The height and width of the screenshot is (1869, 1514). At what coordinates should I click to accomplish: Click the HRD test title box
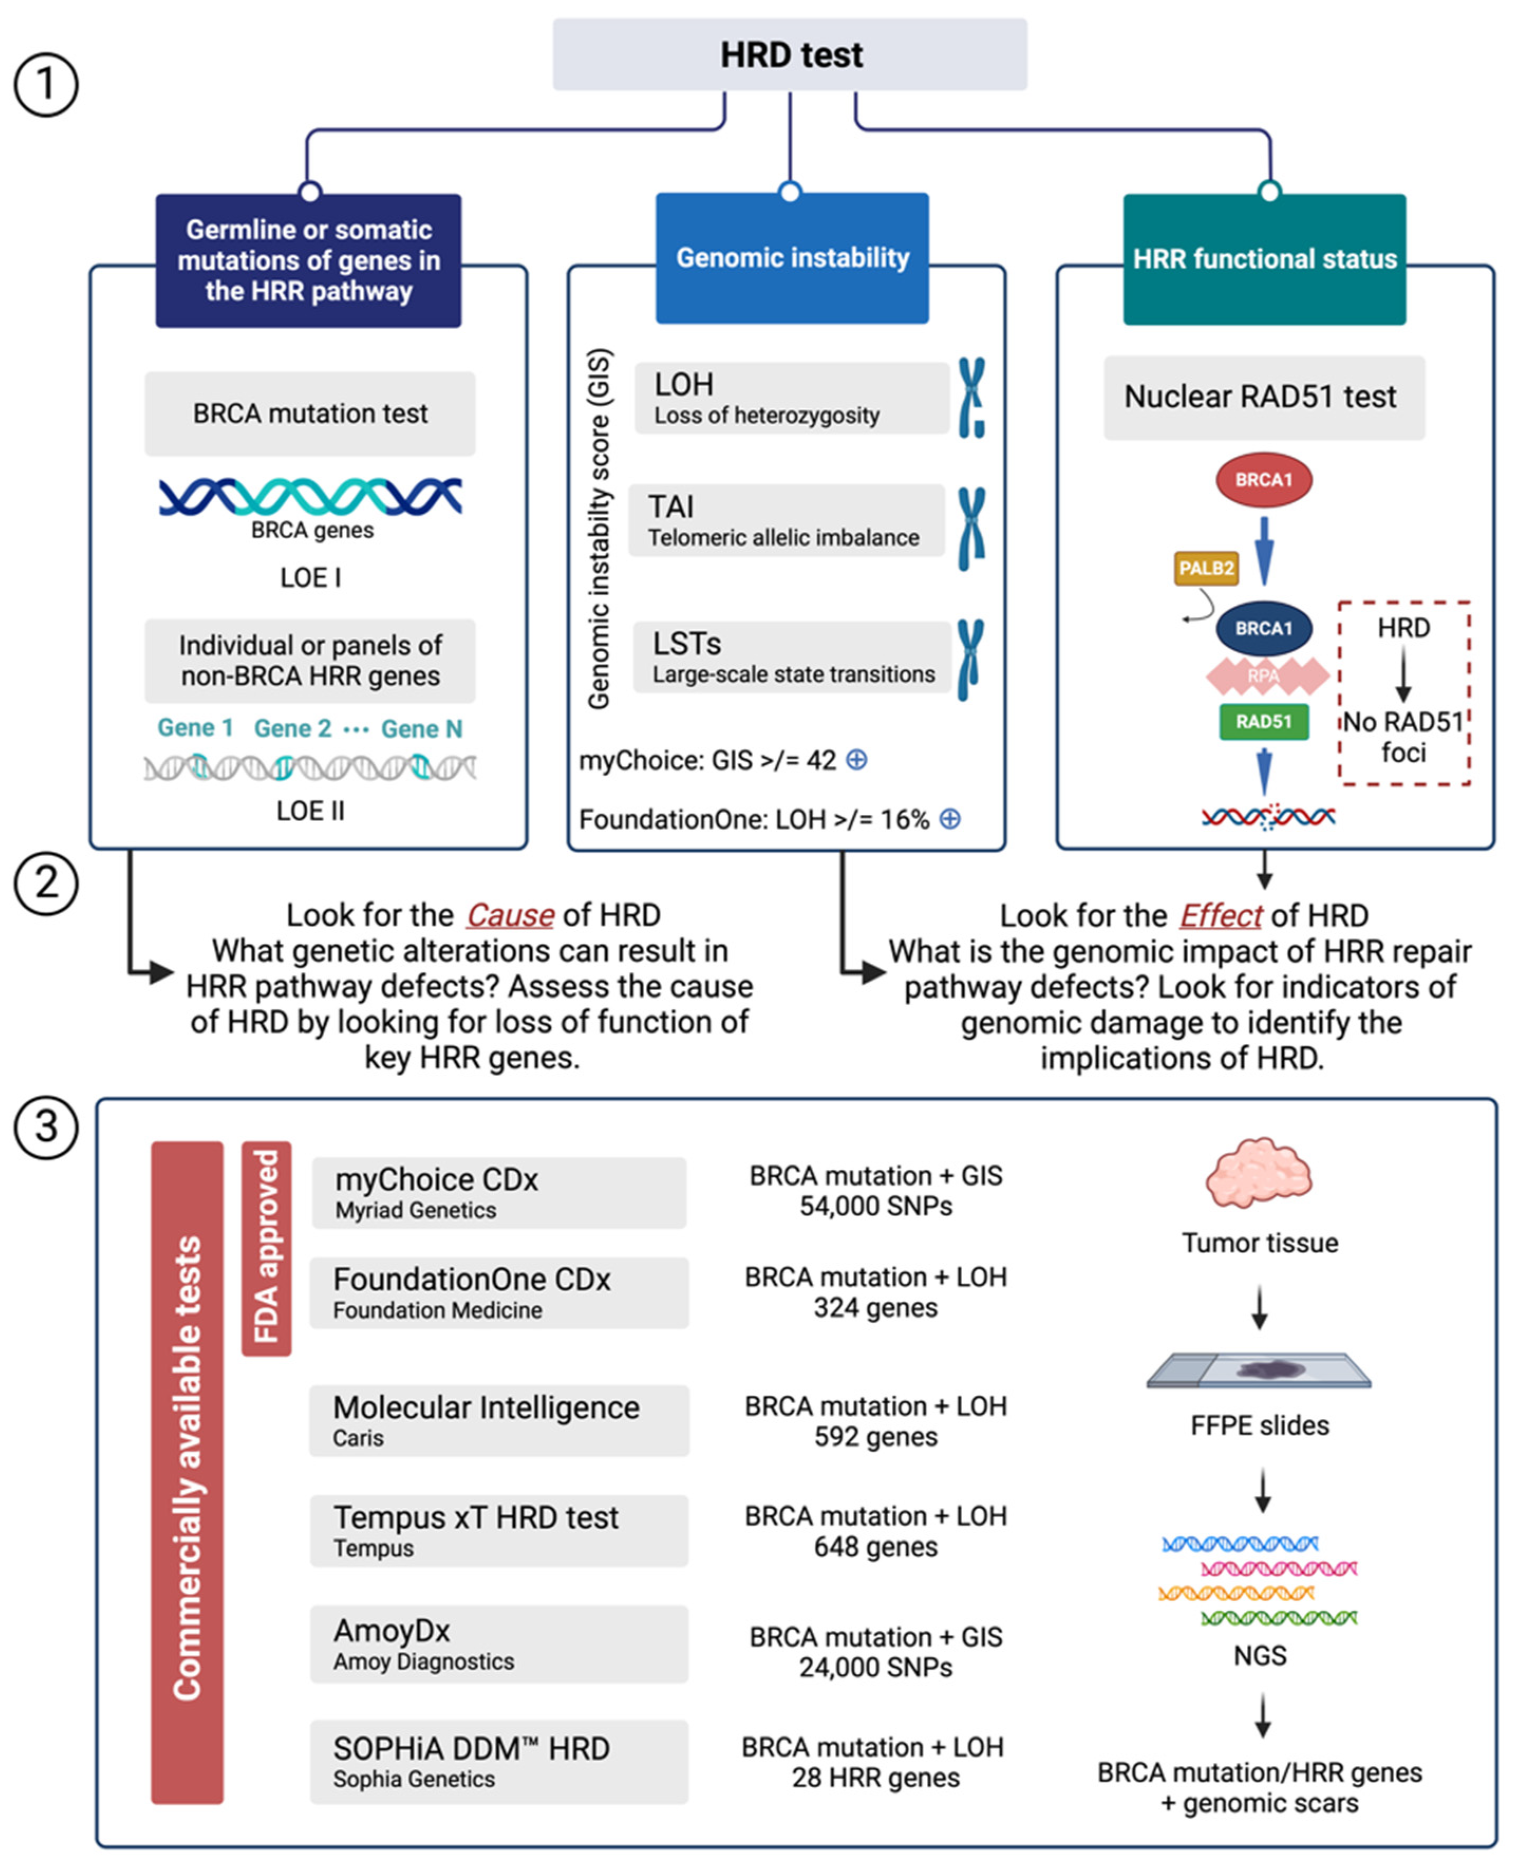[789, 54]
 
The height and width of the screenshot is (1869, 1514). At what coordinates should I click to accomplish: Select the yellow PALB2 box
[1206, 569]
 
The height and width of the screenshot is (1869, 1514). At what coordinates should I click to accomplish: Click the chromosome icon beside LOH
[972, 397]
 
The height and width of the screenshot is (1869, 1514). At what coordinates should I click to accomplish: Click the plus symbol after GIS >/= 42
[857, 759]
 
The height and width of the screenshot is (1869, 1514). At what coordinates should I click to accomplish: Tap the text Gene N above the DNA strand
[421, 728]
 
